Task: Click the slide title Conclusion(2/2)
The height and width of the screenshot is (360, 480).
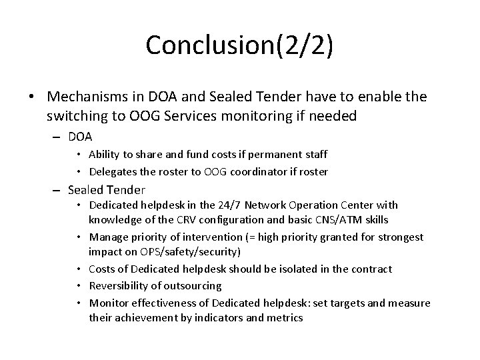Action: click(239, 45)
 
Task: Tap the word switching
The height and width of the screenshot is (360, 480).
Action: click(77, 115)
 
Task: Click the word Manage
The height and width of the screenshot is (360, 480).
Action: click(108, 237)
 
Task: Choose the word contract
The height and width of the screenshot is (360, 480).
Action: click(371, 269)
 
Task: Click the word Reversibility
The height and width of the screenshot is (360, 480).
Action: click(120, 286)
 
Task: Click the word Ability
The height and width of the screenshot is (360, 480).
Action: click(103, 154)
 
